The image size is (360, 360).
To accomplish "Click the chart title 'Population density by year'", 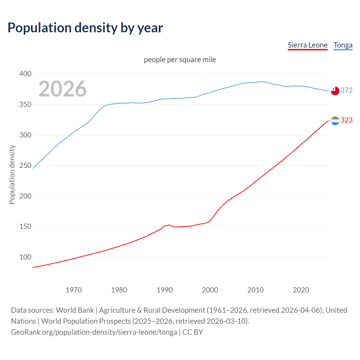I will point(85,28).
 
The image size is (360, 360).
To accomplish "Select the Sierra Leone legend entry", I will point(307,45).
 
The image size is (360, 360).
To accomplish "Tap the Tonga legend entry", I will point(343,45).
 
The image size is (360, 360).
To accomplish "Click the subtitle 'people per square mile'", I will point(180,60).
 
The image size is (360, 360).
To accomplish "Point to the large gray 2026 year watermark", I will point(62,89).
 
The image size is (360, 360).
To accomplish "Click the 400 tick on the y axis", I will point(25,74).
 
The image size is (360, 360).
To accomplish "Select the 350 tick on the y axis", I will point(25,105).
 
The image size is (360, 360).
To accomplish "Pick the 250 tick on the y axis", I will point(25,166).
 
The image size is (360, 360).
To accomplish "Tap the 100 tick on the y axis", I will point(25,257).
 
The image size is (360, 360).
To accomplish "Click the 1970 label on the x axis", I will point(74,290).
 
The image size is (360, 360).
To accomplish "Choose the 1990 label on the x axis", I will point(165,290).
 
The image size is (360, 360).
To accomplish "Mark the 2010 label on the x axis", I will point(255,290).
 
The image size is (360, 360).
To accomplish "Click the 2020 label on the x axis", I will point(301,290).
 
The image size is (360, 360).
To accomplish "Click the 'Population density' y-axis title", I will point(12,174).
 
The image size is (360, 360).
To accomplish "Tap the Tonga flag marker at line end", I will point(335,91).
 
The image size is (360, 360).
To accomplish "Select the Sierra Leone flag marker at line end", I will point(335,121).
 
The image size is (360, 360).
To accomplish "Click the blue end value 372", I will point(346,90).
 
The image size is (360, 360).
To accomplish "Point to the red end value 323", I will point(346,120).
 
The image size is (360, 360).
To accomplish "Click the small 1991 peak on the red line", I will point(169,225).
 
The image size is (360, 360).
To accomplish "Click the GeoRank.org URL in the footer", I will point(94,332).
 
